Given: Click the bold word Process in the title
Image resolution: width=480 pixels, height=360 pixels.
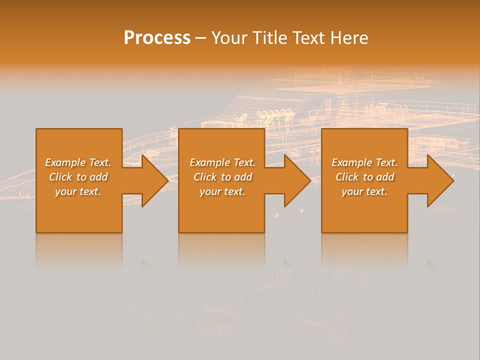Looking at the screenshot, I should click(157, 38).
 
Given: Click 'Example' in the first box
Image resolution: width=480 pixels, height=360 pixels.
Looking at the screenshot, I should click(65, 162).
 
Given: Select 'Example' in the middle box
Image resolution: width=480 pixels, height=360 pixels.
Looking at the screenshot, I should click(209, 162).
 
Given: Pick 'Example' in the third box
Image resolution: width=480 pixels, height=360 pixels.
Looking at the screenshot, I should click(351, 162).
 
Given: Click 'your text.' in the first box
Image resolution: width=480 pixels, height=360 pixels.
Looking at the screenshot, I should click(78, 191).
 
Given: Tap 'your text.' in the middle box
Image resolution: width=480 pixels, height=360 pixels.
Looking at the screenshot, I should click(222, 191).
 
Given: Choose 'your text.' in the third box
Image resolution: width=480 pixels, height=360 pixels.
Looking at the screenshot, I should click(364, 191).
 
